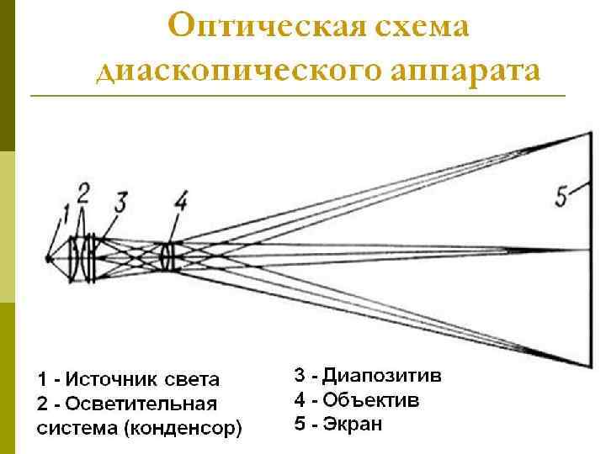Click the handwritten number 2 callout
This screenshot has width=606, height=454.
click(x=82, y=193)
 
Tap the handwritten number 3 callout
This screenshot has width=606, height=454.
click(x=120, y=203)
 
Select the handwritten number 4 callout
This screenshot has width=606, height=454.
click(x=179, y=201)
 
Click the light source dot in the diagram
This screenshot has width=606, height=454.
click(x=49, y=259)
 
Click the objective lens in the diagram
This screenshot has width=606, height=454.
click(x=171, y=256)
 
